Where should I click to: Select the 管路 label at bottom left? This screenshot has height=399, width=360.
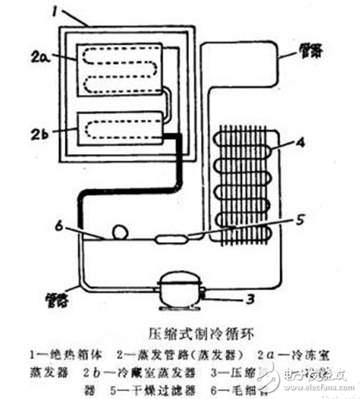click(54, 296)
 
